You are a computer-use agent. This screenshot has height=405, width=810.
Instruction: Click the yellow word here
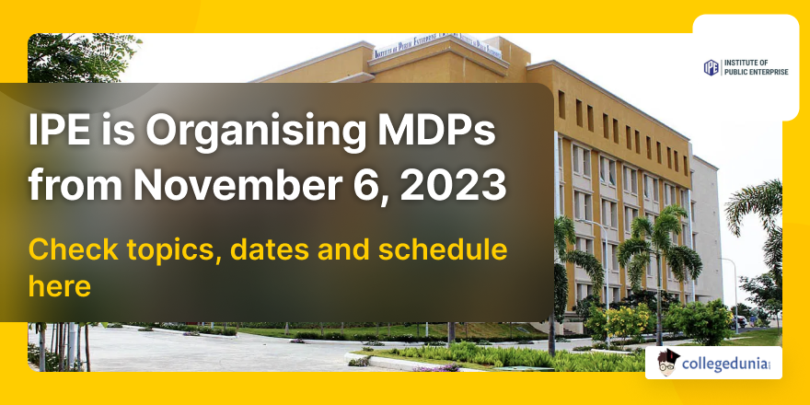point(59,286)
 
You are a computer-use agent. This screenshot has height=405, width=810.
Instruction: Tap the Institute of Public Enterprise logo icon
point(711,67)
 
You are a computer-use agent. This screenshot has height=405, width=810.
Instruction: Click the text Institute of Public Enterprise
point(756,67)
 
